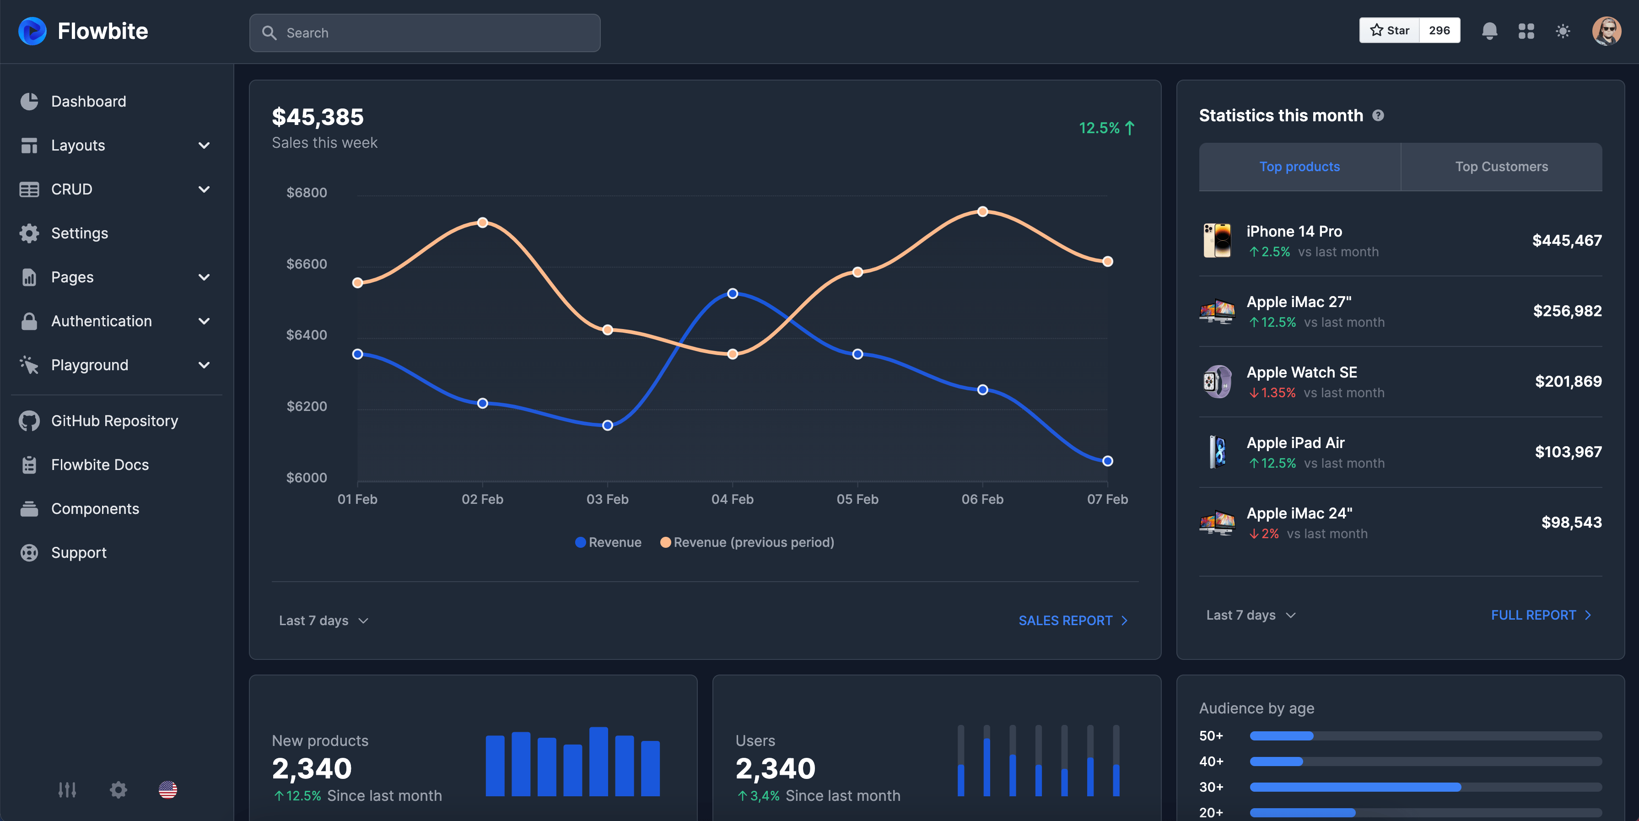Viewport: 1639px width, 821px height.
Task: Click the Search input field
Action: pos(424,33)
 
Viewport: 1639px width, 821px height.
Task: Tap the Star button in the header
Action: pos(1390,31)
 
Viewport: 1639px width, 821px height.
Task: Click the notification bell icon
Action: pos(1489,31)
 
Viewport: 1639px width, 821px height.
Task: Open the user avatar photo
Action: pos(1606,31)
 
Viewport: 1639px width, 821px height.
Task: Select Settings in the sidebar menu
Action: pos(80,233)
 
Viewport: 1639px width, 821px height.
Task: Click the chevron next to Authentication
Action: pos(204,321)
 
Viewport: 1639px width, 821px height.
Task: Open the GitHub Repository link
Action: pos(114,421)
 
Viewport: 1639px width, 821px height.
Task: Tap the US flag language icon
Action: pos(168,790)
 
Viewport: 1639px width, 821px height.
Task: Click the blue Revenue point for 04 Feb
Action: pos(732,293)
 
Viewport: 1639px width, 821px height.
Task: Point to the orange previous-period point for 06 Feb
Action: pos(982,211)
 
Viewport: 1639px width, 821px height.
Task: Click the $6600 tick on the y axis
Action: pos(307,264)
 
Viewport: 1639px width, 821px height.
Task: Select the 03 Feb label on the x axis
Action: pos(607,499)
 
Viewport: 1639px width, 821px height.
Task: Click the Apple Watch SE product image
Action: pos(1217,381)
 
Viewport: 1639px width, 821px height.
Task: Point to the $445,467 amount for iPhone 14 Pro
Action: pos(1566,241)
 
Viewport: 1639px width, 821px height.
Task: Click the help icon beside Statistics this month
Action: pos(1378,115)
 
